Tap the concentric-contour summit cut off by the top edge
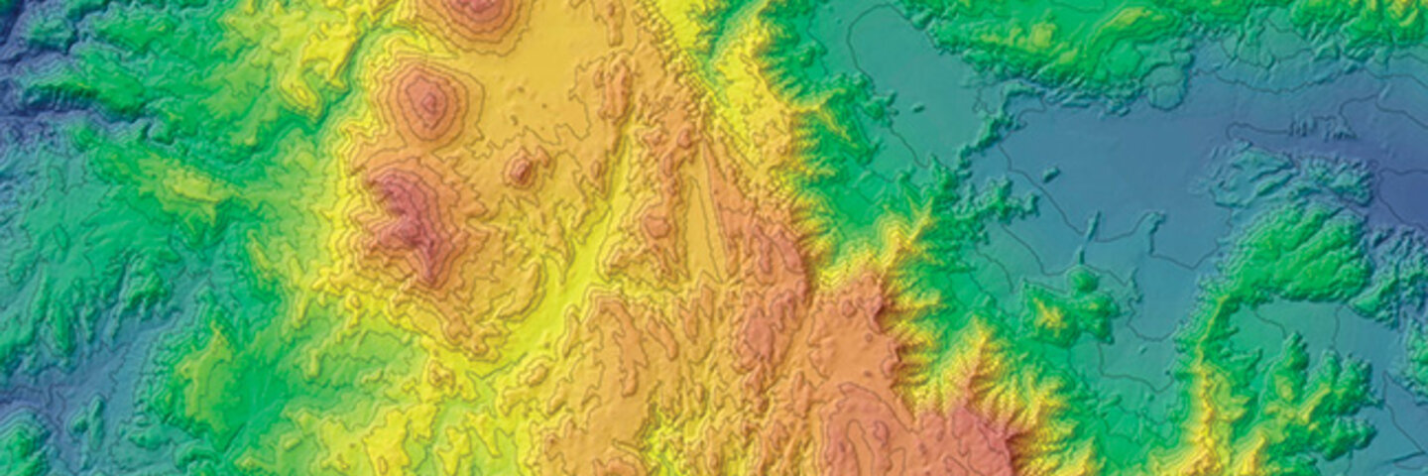[x=477, y=12]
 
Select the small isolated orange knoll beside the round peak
[x=520, y=169]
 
